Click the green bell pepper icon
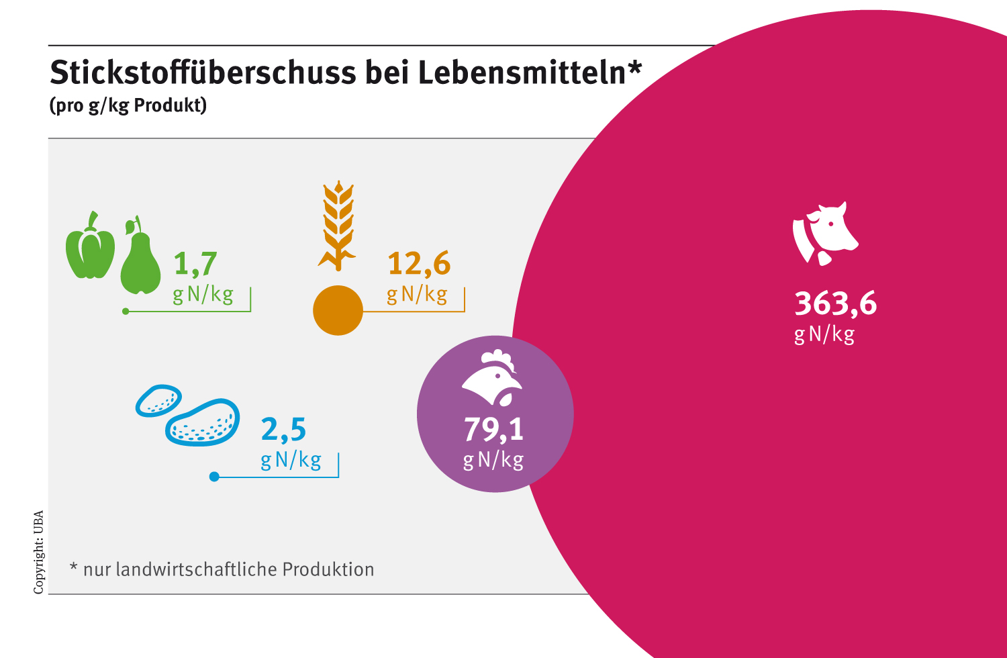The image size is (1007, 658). [90, 247]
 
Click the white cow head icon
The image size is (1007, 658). [826, 232]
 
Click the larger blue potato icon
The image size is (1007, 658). [203, 423]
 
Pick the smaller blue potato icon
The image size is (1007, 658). [158, 400]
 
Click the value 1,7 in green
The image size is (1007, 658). [195, 264]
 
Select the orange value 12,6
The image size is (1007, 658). [419, 264]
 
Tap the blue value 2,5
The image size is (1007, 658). [283, 430]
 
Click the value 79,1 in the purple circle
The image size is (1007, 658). [493, 430]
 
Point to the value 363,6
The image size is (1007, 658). [835, 304]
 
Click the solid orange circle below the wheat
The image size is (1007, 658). [338, 310]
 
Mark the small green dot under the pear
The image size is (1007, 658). [126, 312]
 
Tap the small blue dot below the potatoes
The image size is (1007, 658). [214, 477]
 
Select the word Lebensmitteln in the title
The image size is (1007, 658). [522, 73]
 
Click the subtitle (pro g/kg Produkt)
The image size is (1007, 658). [128, 106]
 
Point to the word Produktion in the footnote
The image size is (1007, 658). [328, 569]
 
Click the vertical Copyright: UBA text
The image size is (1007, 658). [39, 552]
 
